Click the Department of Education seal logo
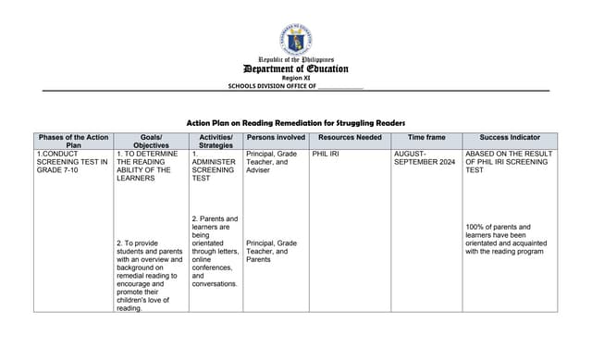point(295,40)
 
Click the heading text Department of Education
point(295,68)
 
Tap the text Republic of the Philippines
point(295,59)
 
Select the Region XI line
point(295,78)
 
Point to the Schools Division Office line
point(295,86)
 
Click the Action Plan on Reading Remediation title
point(295,122)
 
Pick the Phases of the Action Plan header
point(73,141)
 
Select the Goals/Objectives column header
point(150,141)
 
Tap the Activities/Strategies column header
point(216,141)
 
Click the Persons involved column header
point(276,137)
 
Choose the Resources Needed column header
point(349,137)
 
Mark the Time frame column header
point(425,137)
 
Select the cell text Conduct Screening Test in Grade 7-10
point(72,162)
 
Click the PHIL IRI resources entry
point(326,154)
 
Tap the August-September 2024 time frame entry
point(425,158)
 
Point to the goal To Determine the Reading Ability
point(148,166)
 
